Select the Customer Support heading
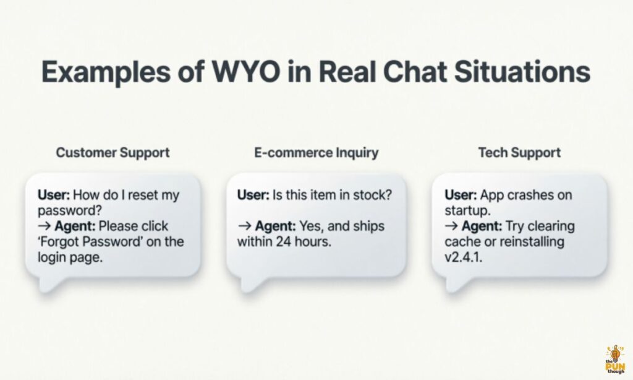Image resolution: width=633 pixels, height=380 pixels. click(x=113, y=153)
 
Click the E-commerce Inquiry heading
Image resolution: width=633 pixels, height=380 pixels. click(x=316, y=152)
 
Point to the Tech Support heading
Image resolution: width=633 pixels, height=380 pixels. click(x=519, y=152)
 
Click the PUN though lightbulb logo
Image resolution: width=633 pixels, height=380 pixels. click(x=615, y=358)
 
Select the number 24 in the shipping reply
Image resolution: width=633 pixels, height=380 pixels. click(x=284, y=242)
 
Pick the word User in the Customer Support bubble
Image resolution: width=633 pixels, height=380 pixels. click(x=54, y=195)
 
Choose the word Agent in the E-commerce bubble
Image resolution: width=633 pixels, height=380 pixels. click(x=275, y=227)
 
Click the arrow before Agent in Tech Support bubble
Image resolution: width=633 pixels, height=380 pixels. click(x=451, y=226)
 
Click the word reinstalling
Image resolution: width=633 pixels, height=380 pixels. click(x=532, y=242)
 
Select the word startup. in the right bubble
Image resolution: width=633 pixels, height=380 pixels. click(x=467, y=210)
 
